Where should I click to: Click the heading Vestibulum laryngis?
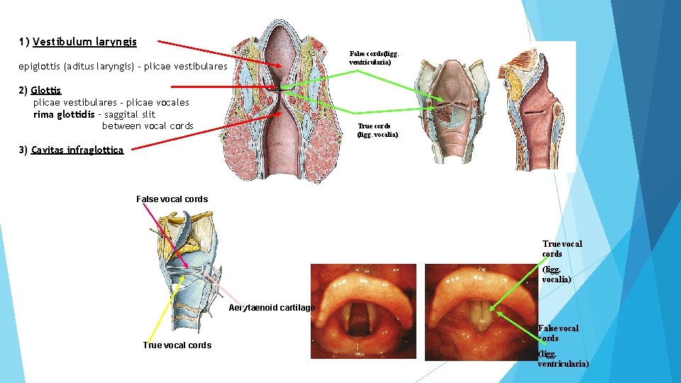[84, 42]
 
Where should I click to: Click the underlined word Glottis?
[46, 91]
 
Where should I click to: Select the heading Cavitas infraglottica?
[77, 150]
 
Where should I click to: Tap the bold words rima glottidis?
[64, 114]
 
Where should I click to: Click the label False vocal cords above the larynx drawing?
[172, 199]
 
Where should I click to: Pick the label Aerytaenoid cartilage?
[272, 308]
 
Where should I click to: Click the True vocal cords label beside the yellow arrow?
[177, 345]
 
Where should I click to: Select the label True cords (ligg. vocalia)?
[377, 131]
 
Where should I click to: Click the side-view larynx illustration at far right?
[535, 106]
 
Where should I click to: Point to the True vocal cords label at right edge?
[561, 249]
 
